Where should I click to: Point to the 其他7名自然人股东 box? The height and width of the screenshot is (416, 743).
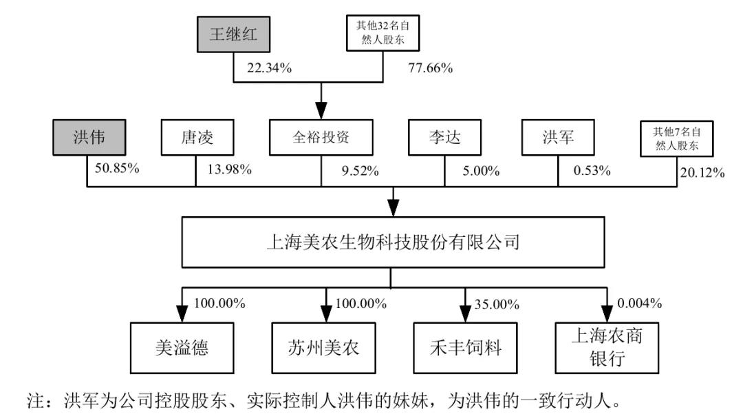click(x=678, y=137)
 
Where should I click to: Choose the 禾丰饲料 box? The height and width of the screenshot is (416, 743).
click(x=464, y=346)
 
